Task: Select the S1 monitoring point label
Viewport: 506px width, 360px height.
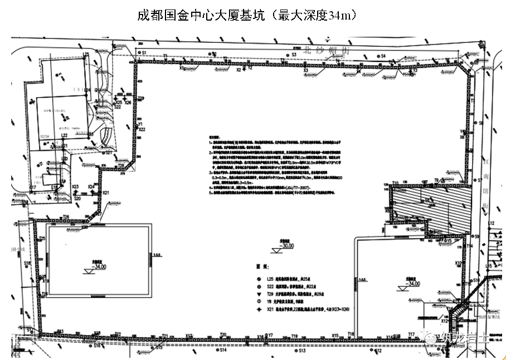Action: point(143,52)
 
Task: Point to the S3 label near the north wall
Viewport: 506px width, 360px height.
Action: point(293,55)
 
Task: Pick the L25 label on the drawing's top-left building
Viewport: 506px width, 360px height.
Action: point(86,55)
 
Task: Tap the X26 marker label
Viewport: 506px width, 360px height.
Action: point(128,103)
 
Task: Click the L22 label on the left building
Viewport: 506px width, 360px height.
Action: point(64,135)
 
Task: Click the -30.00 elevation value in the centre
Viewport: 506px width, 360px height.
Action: point(287,246)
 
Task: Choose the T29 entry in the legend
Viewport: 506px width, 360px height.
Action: point(270,293)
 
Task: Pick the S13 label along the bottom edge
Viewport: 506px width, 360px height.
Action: point(302,352)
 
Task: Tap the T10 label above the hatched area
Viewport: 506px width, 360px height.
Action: point(395,183)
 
